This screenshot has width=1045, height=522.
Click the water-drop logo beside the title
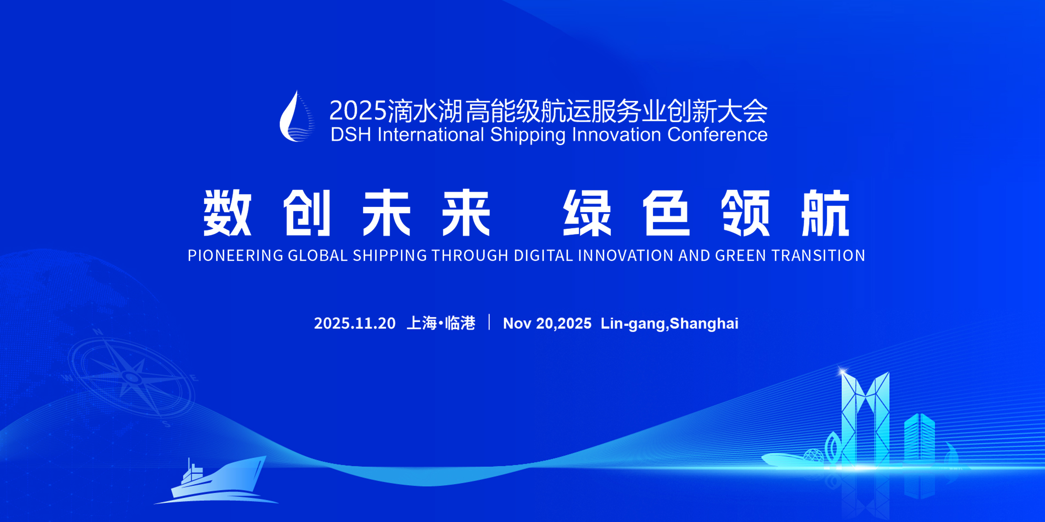click(x=295, y=117)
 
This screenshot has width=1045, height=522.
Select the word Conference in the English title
click(x=717, y=135)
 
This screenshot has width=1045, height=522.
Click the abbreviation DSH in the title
click(x=351, y=135)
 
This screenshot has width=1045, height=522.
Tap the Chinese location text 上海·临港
click(x=441, y=323)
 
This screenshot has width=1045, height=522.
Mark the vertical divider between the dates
click(x=490, y=322)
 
